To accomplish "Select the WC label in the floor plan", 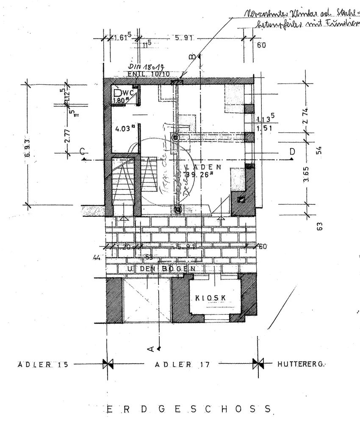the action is (129, 92).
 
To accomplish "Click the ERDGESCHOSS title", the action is (188, 409).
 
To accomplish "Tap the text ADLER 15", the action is (43, 364).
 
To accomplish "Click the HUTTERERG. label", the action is (303, 364).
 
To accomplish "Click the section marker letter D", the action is (292, 151).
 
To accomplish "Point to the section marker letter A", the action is (151, 349).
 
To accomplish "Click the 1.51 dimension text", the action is (264, 127).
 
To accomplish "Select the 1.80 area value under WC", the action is (120, 101).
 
